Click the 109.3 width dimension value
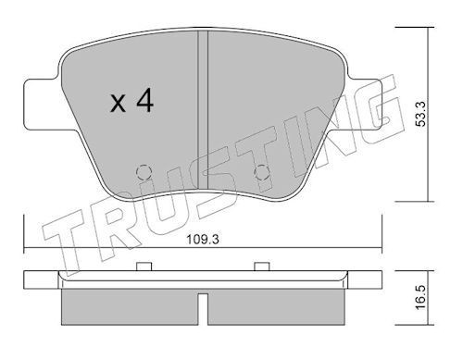click(203, 240)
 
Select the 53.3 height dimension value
click(420, 114)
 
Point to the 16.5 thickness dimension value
click(420, 297)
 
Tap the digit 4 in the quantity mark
click(145, 100)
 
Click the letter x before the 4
click(119, 104)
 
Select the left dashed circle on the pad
click(144, 172)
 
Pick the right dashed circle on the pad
click(261, 172)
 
